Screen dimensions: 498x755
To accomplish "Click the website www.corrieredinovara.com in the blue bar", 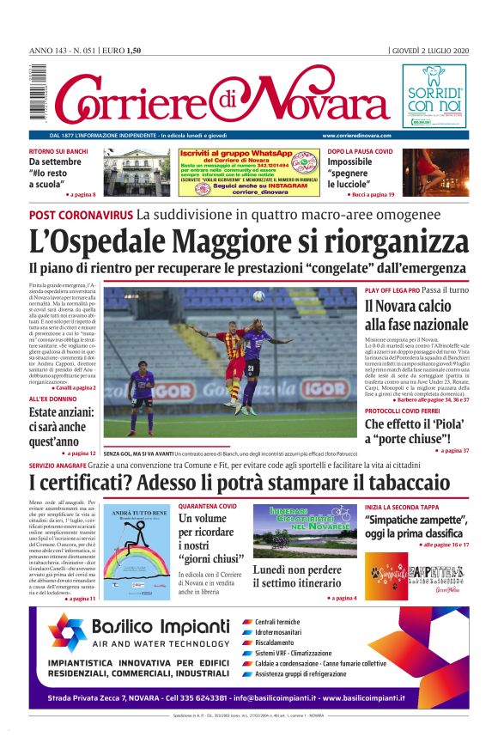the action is click(x=357, y=136).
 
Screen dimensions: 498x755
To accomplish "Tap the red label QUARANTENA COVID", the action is click(x=207, y=507).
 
